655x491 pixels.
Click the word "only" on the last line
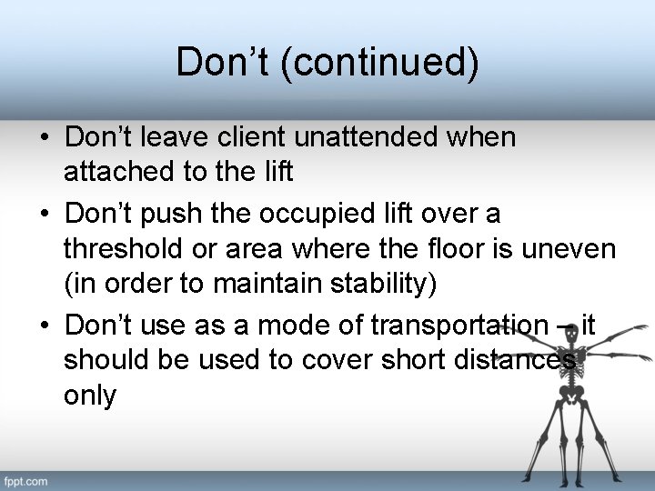(90, 396)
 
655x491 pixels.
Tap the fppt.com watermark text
(26, 480)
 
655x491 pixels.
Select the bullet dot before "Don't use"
(44, 326)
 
